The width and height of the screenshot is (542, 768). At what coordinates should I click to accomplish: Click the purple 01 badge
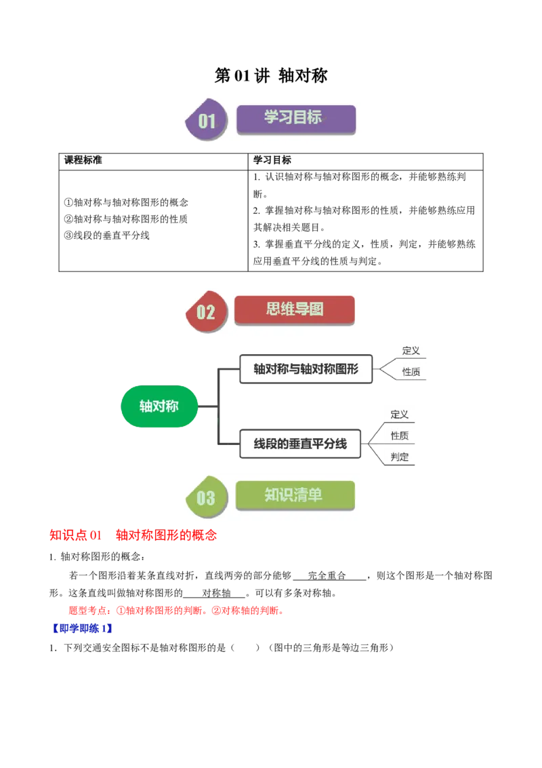coord(207,121)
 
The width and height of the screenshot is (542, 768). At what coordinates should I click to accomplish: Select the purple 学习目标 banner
coord(295,118)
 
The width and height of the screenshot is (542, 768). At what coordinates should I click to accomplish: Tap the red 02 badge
coord(205,312)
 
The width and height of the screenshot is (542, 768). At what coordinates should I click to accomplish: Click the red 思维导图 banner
coord(294,309)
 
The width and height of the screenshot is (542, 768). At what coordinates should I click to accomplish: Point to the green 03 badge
coord(205,498)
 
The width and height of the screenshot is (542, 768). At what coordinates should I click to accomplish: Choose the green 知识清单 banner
coord(295,495)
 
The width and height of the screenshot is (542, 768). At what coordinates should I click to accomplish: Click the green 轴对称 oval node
coord(159,406)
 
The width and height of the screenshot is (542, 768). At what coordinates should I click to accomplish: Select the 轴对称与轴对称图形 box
coord(306,369)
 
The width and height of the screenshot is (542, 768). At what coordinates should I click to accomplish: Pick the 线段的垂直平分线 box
coord(300,444)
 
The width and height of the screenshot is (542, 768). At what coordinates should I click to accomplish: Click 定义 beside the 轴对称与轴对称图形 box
coord(411,351)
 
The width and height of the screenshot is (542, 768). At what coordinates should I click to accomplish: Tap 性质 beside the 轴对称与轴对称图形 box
coord(411,372)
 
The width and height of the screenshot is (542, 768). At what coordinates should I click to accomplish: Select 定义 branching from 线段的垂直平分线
coord(400,415)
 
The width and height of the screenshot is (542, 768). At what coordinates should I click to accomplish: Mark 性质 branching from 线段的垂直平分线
coord(400,436)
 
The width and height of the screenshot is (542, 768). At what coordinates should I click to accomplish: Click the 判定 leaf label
coord(400,457)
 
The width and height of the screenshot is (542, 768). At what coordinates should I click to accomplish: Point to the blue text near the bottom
coord(82,629)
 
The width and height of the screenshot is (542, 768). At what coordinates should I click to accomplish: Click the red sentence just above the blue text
coord(176,611)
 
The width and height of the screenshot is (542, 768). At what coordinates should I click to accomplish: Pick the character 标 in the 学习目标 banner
coord(314,117)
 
